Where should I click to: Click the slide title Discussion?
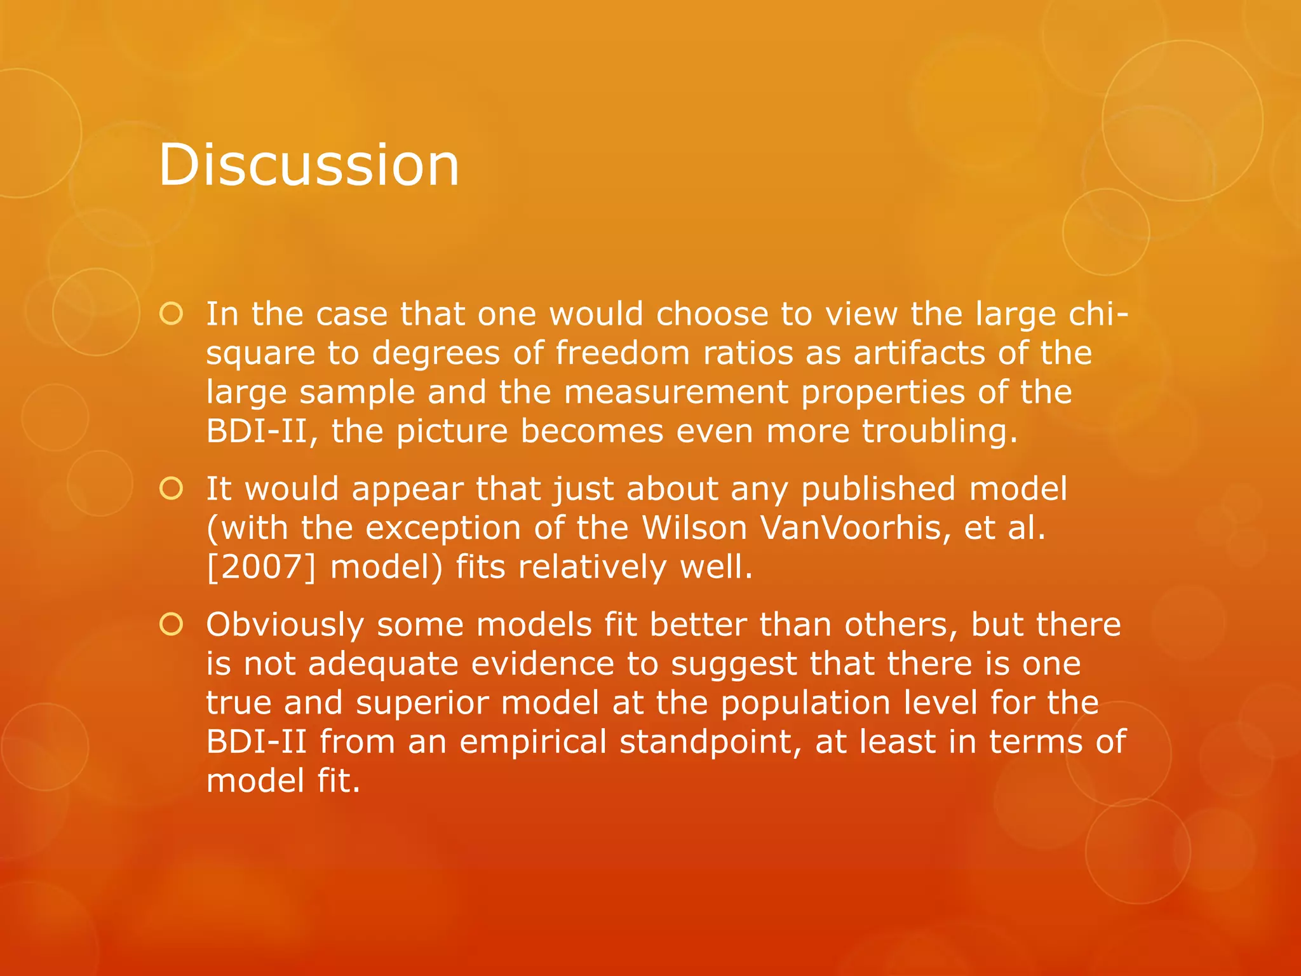[x=309, y=165]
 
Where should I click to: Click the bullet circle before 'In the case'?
[x=172, y=314]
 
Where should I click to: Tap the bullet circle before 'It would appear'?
[x=172, y=489]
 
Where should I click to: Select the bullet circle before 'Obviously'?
[x=172, y=625]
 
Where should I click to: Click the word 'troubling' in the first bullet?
[x=939, y=431]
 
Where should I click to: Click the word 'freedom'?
[x=623, y=353]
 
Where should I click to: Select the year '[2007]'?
[x=260, y=567]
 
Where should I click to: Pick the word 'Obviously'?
[x=285, y=625]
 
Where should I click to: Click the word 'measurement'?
[x=675, y=392]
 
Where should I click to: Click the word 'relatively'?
[x=592, y=567]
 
